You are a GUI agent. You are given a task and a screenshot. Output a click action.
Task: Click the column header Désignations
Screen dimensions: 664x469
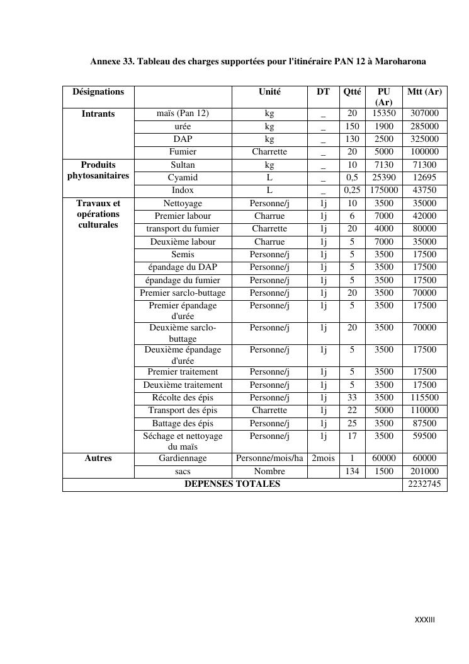98,92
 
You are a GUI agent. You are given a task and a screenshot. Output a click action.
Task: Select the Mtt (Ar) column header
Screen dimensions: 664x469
424,92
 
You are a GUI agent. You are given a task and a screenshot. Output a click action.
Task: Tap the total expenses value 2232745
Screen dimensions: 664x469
424,484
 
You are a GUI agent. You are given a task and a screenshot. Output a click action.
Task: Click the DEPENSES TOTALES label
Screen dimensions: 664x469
232,484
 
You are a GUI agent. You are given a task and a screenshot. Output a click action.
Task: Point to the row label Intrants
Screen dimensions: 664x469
98,114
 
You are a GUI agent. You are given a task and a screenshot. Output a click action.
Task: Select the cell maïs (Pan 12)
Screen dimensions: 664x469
183,114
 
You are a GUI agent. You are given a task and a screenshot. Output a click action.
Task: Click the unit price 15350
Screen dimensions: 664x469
383,114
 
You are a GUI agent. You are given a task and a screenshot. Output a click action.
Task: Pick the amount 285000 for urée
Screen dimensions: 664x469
424,126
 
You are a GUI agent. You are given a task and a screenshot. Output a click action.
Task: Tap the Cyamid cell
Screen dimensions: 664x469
183,178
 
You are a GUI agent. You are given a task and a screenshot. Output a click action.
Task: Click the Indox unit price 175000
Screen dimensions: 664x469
383,190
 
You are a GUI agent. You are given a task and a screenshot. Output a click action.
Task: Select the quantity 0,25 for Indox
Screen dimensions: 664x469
352,190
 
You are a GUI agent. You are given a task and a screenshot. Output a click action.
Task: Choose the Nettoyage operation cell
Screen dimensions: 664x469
183,204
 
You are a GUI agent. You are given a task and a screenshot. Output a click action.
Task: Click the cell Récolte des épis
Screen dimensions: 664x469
183,398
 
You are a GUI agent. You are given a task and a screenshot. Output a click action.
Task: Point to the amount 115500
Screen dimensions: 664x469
424,398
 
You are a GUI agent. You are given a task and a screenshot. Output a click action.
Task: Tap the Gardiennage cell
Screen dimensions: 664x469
183,458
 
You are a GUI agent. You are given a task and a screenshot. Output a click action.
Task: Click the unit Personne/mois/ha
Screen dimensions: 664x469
269,458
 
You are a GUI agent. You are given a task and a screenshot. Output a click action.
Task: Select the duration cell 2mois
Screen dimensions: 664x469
323,458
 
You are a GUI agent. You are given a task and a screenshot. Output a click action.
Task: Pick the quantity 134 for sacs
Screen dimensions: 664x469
352,472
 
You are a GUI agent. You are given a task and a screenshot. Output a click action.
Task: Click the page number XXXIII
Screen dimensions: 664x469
424,620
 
